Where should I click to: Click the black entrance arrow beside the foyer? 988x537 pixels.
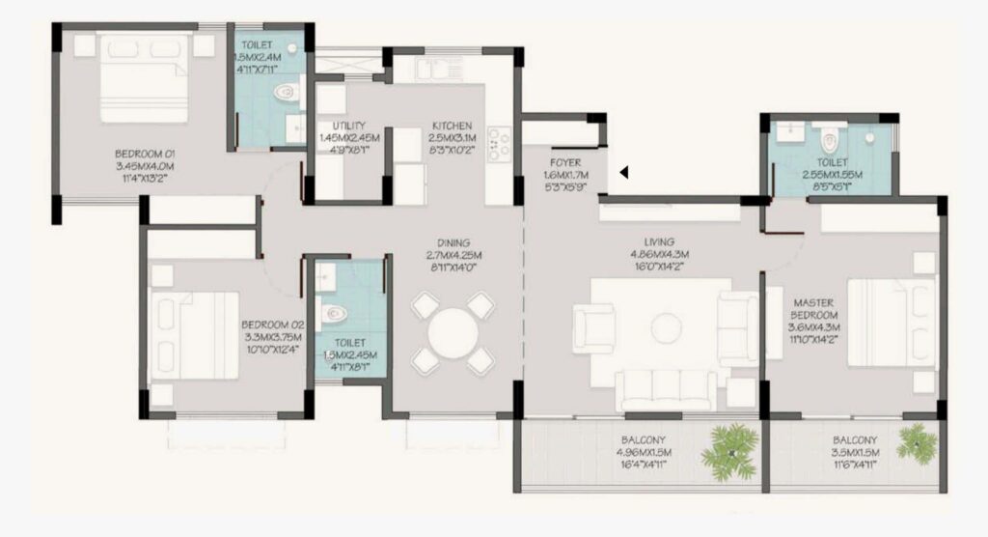pos(624,173)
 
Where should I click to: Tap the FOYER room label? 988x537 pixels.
pos(564,163)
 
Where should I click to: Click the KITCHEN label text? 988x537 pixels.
pos(452,127)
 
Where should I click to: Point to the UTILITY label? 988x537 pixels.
pos(348,127)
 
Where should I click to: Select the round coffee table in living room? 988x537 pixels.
pos(666,326)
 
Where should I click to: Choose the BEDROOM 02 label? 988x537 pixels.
pos(271,325)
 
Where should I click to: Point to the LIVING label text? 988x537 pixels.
pos(662,242)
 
